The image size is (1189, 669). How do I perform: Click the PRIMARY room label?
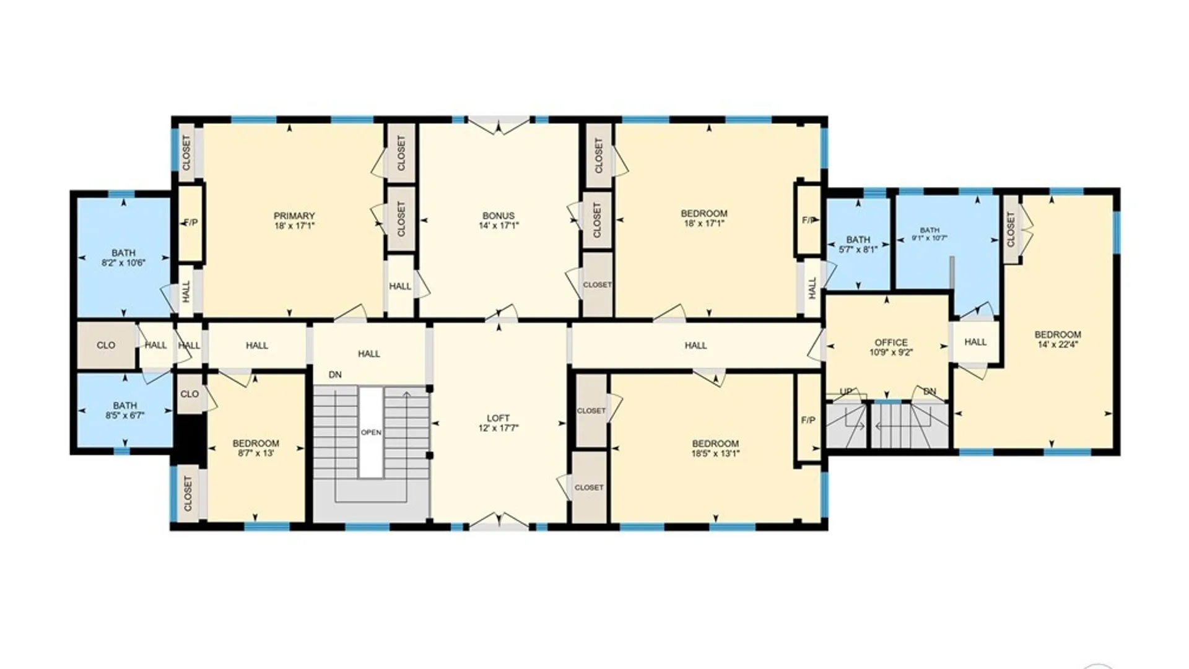point(294,216)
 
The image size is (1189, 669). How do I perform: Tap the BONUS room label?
point(499,216)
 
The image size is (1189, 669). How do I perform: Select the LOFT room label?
point(498,418)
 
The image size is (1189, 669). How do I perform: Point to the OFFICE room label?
point(891,343)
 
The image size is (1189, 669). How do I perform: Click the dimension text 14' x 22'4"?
point(1058,344)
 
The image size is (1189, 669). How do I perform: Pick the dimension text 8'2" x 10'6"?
point(123,263)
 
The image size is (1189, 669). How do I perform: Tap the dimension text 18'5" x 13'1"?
point(715,453)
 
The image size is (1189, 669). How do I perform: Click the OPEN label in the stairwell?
point(371,432)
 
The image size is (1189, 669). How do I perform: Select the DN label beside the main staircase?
point(335,375)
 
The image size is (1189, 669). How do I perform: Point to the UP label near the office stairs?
point(846,391)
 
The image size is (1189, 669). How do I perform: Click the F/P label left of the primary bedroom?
point(191,222)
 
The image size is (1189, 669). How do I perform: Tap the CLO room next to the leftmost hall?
point(106,346)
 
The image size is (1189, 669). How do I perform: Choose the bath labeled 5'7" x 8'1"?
point(858,244)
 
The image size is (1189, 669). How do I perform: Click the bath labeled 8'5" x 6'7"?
point(124,409)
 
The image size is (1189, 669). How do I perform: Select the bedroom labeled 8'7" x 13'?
point(256,447)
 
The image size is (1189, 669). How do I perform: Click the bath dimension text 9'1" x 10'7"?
point(930,238)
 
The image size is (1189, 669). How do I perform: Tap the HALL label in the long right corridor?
point(695,346)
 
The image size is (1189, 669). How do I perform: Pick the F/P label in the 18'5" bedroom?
point(808,421)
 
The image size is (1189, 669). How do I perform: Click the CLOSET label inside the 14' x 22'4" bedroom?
point(1011,230)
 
